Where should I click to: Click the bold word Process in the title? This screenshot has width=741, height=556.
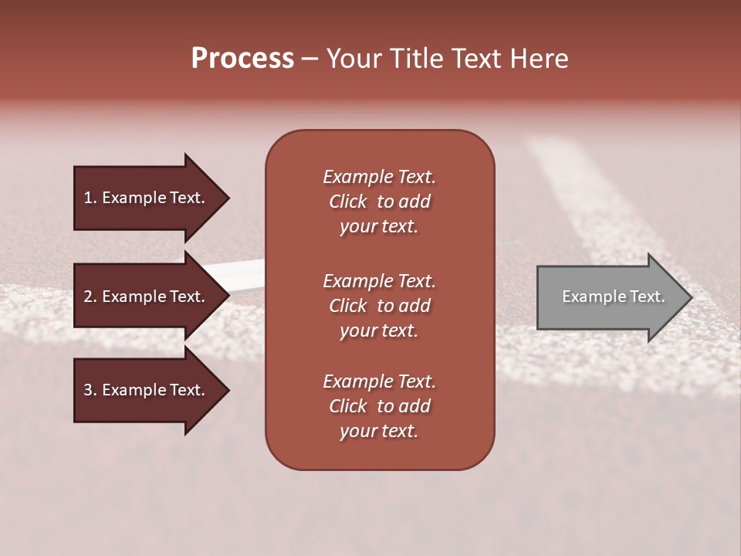[242, 59]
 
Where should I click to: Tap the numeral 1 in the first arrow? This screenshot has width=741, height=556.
[88, 198]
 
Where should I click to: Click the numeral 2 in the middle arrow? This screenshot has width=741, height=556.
[88, 297]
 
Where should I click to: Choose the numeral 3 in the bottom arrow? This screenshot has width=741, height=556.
[88, 390]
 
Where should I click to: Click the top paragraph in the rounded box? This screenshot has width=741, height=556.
[379, 202]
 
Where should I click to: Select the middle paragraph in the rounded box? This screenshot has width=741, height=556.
[379, 306]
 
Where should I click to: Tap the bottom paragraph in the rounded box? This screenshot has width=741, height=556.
[379, 406]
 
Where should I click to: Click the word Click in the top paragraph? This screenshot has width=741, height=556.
[347, 202]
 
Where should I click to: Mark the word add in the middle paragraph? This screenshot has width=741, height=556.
[415, 306]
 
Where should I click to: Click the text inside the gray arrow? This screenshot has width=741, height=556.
[613, 297]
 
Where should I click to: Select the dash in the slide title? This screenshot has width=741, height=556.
[310, 59]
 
